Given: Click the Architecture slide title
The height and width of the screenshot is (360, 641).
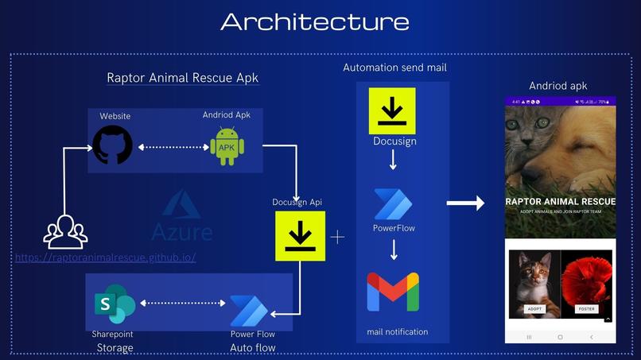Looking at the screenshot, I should [315, 21].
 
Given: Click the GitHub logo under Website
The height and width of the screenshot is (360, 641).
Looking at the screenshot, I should [112, 145].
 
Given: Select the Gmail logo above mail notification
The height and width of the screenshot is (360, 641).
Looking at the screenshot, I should [393, 292].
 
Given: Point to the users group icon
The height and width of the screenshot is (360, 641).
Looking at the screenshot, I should [65, 232].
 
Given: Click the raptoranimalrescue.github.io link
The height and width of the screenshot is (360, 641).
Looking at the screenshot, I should [106, 257].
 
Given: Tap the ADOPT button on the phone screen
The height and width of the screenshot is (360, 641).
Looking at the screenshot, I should [535, 308].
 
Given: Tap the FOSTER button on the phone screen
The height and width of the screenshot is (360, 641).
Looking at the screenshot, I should [586, 308].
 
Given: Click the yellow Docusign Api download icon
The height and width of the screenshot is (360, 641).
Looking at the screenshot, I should [300, 236].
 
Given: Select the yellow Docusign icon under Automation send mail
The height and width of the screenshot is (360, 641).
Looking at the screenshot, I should [392, 111].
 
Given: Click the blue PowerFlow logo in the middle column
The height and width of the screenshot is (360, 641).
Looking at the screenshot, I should [393, 204].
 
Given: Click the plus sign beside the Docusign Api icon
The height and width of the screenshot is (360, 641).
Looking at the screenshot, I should [338, 237].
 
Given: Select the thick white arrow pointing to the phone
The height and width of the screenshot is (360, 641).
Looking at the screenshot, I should [465, 203].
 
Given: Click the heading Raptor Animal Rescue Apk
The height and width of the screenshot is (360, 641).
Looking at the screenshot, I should [183, 78].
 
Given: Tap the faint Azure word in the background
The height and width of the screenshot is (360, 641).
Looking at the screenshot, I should [182, 232].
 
